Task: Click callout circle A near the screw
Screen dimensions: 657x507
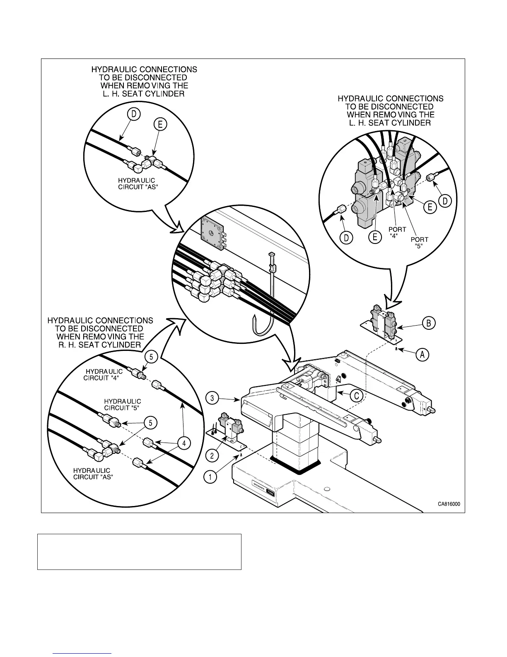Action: click(422, 355)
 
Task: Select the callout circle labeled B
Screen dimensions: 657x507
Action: click(429, 323)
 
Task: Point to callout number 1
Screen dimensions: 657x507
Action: click(210, 477)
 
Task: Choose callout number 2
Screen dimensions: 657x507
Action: click(212, 455)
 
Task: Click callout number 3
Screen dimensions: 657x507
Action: click(212, 399)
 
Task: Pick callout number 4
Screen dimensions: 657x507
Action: click(185, 443)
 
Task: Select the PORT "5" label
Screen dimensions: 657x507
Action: click(419, 243)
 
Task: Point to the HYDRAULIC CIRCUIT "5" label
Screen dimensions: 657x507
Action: click(122, 404)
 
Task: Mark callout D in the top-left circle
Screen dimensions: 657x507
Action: click(135, 114)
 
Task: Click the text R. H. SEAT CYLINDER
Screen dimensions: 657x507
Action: click(99, 345)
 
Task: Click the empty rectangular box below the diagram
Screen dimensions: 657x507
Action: click(139, 552)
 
